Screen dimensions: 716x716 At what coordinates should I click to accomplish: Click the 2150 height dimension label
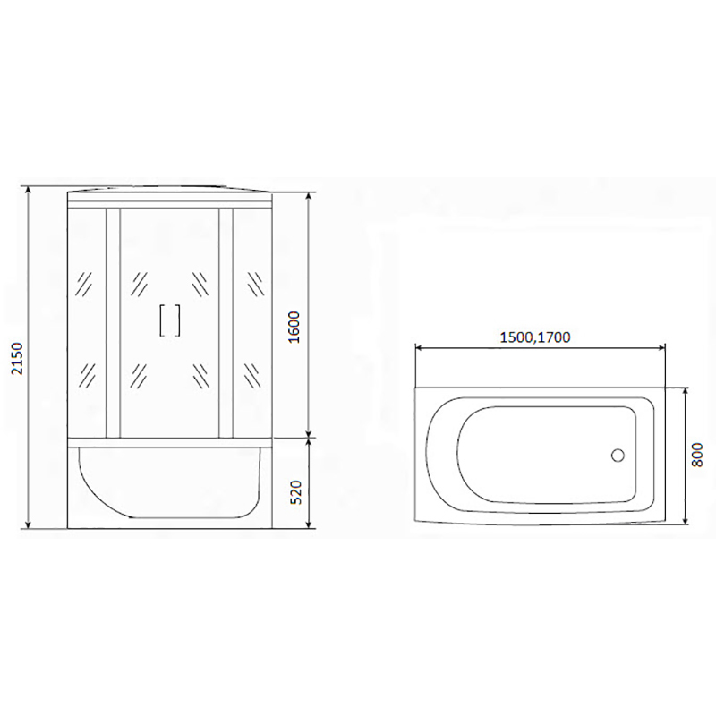tap(17, 359)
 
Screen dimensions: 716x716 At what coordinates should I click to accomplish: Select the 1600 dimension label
tap(294, 328)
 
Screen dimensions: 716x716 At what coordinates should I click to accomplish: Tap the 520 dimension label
tap(297, 491)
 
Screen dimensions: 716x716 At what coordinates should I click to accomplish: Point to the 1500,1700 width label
tap(535, 337)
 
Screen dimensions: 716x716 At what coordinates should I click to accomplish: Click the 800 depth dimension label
tap(697, 455)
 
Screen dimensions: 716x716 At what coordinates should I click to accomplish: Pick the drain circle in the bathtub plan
tap(618, 456)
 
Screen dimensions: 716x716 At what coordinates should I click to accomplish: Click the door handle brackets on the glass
tap(169, 320)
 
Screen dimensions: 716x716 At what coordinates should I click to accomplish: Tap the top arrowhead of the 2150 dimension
tap(30, 190)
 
